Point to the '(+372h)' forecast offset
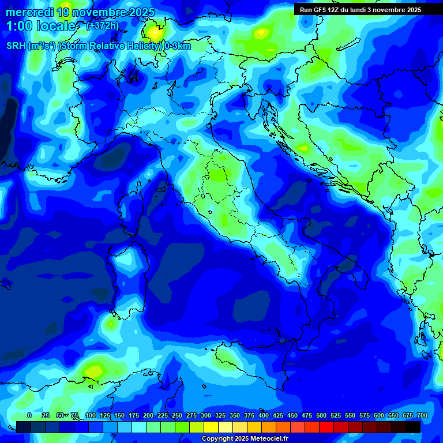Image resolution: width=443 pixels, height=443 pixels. click(x=102, y=26)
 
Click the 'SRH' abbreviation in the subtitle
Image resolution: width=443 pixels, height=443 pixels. click(x=16, y=46)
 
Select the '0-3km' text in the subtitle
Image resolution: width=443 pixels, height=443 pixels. click(x=178, y=46)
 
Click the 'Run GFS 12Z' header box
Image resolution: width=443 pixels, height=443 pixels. click(x=360, y=10)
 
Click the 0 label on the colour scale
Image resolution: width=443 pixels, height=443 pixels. click(x=29, y=415)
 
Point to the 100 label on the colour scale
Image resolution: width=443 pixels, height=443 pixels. click(x=91, y=415)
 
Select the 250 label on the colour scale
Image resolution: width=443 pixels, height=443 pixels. click(x=177, y=415)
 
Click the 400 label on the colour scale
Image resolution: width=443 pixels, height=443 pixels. click(x=264, y=415)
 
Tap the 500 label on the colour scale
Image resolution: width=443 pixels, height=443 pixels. click(x=321, y=415)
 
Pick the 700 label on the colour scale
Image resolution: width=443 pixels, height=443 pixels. click(x=422, y=415)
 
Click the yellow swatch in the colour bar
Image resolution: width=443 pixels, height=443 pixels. click(x=211, y=427)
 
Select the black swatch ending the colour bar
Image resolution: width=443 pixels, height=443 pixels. click(x=413, y=427)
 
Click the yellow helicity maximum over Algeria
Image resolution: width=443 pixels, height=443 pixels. click(x=94, y=367)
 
